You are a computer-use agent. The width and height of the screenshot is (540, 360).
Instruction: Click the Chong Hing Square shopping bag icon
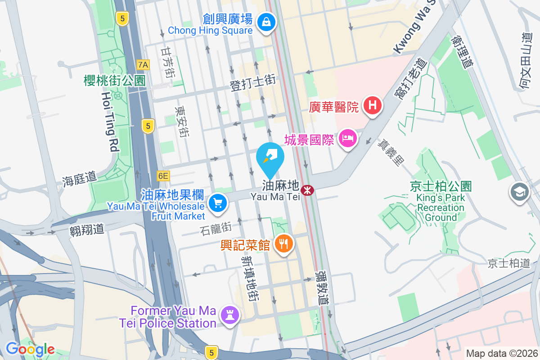(x=266, y=21)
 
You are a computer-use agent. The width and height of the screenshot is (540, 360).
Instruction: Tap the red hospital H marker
(x=372, y=106)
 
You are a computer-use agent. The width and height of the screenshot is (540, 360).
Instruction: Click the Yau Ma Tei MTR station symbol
(x=307, y=191)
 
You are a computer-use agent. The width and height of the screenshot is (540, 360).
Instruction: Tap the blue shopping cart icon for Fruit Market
(x=218, y=203)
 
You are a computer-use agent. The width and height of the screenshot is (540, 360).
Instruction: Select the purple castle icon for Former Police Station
(x=229, y=316)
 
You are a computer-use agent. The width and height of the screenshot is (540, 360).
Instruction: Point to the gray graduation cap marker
(x=519, y=193)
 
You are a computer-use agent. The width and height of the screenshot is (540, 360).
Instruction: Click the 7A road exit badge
(x=143, y=65)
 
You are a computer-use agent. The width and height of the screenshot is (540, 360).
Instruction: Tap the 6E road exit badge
(x=163, y=176)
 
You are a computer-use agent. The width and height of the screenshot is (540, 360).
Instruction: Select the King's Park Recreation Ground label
(x=441, y=207)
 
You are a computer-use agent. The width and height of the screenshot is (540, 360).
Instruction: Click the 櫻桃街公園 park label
(x=115, y=81)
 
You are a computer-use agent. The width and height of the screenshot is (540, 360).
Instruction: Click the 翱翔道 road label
(x=87, y=230)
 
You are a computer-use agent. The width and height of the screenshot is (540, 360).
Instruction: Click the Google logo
(x=30, y=349)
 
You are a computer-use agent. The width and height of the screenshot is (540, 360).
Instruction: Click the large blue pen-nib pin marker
(x=270, y=157)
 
